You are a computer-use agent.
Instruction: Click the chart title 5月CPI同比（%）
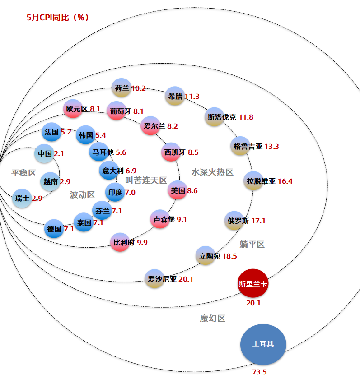[57, 17]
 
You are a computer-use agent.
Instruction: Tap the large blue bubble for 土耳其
[263, 344]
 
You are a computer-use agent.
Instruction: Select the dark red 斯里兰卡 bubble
[253, 283]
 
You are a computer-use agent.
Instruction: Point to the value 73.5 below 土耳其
[259, 372]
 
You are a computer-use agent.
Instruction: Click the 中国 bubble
[44, 153]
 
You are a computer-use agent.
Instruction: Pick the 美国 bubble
[178, 190]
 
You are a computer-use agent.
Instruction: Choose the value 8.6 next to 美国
[192, 191]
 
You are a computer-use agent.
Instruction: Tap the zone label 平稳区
[24, 173]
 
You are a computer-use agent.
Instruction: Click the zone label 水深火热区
[212, 172]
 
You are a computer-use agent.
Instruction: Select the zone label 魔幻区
[213, 318]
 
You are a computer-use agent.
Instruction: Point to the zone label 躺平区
[252, 245]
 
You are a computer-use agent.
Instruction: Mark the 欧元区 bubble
[73, 109]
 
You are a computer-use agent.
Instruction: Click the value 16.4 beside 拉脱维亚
[285, 181]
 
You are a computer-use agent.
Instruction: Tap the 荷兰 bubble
[121, 88]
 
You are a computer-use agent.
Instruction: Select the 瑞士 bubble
[22, 199]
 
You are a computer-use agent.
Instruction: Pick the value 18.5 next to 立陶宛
[229, 256]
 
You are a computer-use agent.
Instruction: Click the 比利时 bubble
[120, 242]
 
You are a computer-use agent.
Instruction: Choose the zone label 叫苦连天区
[146, 180]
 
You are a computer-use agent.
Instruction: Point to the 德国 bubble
[54, 229]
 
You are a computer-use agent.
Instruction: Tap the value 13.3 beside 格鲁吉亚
[272, 147]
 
